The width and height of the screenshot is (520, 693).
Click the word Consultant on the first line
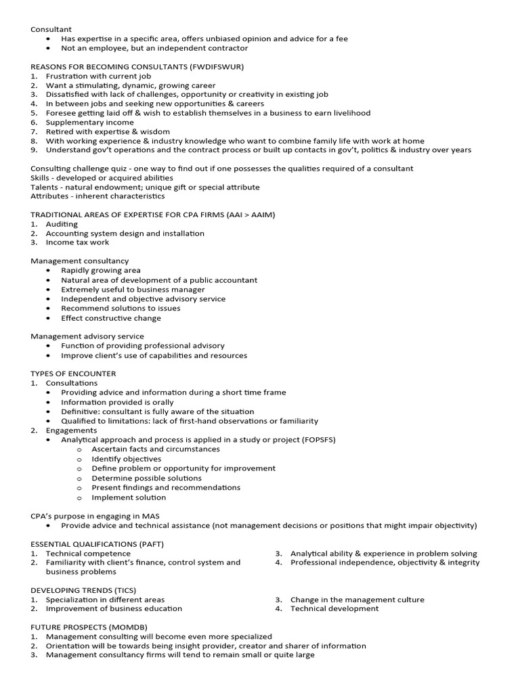(51, 30)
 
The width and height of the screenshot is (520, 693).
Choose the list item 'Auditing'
(62, 224)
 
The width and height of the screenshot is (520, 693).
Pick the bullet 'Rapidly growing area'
(101, 270)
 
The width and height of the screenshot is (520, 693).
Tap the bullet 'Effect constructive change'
(111, 318)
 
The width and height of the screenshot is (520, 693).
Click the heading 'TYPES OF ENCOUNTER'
(73, 374)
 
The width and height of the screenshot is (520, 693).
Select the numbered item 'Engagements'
(71, 430)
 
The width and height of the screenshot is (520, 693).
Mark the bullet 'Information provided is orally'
(117, 402)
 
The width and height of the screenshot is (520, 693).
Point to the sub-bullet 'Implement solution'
(129, 497)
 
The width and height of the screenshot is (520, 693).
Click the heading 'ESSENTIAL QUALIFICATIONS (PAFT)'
(97, 544)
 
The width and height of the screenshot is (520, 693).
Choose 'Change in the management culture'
(357, 600)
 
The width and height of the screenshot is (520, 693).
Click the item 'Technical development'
(334, 608)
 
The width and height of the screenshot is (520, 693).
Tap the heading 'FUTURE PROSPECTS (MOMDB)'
(89, 627)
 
